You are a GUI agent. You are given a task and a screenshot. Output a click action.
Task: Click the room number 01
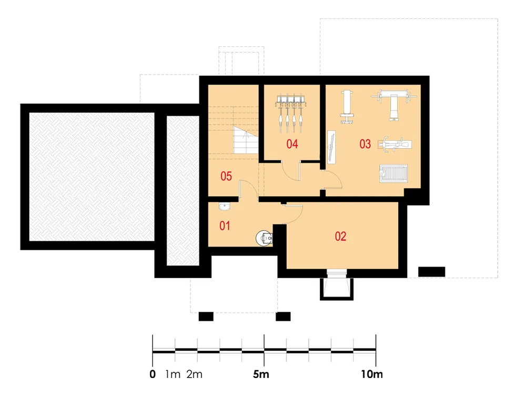(x=225, y=226)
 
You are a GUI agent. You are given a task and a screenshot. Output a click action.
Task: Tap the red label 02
(x=340, y=237)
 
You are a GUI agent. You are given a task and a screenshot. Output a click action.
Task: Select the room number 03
(x=366, y=144)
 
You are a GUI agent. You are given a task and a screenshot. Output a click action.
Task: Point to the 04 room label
(x=292, y=144)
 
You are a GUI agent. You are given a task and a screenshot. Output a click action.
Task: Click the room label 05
(x=226, y=176)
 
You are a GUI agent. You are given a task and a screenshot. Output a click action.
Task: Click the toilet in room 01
(x=265, y=238)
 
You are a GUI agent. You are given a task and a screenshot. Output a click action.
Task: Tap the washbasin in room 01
(x=225, y=206)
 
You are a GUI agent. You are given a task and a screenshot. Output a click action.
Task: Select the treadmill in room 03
(x=393, y=174)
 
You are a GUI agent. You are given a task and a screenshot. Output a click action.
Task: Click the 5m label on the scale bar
(x=261, y=374)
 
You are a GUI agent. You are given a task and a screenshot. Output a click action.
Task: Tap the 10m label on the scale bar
(x=372, y=374)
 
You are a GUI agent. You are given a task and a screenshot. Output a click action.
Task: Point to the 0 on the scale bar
(x=153, y=374)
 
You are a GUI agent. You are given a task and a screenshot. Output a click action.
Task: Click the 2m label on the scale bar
(x=195, y=374)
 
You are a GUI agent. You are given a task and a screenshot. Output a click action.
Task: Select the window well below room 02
(x=337, y=288)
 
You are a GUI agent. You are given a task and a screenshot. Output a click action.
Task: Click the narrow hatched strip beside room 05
(x=183, y=191)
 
